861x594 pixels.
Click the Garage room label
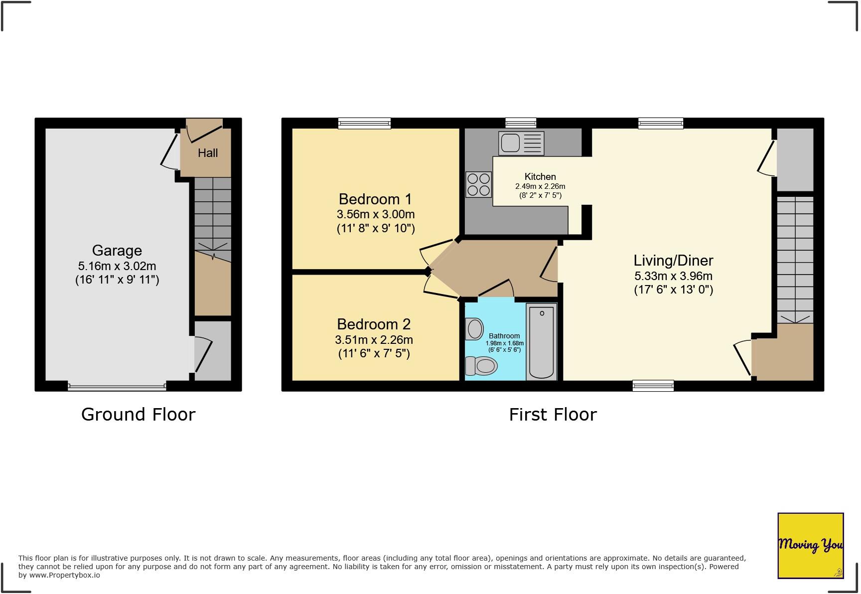[117, 251]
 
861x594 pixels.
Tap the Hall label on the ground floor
[208, 153]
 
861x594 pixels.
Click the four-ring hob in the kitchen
[478, 184]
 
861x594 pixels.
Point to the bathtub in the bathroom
[542, 342]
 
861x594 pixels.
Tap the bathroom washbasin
[475, 329]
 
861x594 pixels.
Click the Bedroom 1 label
[375, 199]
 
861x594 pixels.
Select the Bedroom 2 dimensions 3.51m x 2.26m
[374, 340]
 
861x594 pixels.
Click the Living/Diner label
[673, 261]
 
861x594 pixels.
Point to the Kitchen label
[540, 176]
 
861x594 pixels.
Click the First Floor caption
[553, 415]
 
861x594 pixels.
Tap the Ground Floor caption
[138, 415]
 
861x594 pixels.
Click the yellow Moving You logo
[810, 545]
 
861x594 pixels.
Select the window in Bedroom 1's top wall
[364, 123]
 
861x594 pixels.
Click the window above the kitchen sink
[521, 123]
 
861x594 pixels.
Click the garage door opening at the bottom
[117, 386]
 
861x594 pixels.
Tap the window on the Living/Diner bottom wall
[653, 385]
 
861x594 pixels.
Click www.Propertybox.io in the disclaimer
[64, 575]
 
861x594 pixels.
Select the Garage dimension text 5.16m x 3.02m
[117, 266]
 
